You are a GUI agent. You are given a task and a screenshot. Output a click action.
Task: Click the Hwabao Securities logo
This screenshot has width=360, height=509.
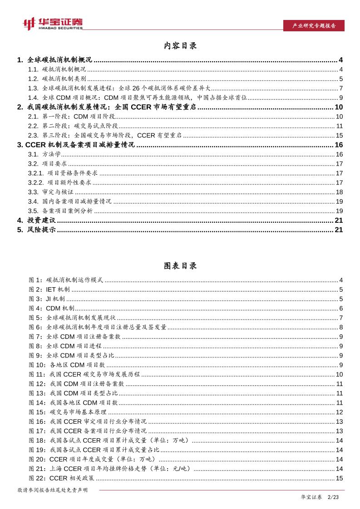pos(53,24)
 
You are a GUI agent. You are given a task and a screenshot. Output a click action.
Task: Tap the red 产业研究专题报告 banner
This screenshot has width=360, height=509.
pos(314,26)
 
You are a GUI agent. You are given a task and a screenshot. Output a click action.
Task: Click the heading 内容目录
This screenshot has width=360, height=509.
pos(180,46)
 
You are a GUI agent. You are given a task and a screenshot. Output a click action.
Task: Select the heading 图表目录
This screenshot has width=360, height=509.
pos(180,266)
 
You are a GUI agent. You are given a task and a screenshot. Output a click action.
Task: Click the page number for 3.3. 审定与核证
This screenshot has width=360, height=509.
pos(339,192)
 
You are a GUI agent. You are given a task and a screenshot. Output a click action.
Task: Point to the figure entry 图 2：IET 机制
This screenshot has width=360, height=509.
pos(49,289)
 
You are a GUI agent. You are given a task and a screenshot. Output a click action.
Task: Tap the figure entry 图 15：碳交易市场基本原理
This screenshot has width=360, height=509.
pos(68,412)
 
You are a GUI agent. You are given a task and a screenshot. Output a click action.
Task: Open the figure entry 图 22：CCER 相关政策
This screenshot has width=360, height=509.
pos(62,478)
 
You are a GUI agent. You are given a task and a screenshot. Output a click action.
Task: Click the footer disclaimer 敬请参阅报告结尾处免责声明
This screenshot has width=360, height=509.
pos(52,490)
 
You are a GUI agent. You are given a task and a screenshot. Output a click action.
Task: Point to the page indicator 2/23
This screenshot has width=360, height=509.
pos(334,498)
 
